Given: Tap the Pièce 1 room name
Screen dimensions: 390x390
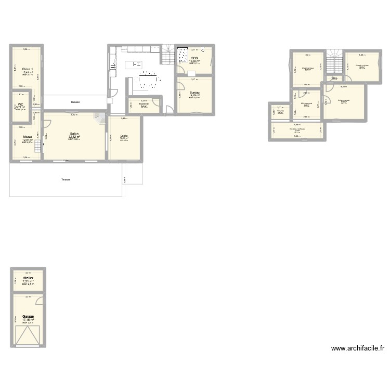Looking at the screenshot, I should (x=28, y=69).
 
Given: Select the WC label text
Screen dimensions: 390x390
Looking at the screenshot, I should (x=21, y=104).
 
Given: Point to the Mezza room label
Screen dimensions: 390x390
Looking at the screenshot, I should (x=27, y=137).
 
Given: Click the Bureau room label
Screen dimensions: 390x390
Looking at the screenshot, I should (x=194, y=92).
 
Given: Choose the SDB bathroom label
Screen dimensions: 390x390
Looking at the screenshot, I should (x=194, y=58).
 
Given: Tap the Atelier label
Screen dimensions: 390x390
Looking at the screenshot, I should (x=28, y=278).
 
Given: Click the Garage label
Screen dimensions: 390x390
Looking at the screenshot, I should (x=28, y=316).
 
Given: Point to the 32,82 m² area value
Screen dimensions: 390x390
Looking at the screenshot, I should (x=74, y=137).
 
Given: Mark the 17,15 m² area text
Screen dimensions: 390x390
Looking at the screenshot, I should (x=28, y=320).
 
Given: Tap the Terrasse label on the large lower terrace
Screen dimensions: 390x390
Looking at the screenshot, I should (x=65, y=179).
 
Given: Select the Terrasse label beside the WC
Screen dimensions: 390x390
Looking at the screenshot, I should (x=75, y=102).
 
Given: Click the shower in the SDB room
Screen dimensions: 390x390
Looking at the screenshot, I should (x=183, y=55).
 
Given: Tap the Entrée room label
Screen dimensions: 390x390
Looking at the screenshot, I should (x=124, y=136).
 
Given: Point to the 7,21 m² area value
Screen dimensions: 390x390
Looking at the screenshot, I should (x=28, y=282).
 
